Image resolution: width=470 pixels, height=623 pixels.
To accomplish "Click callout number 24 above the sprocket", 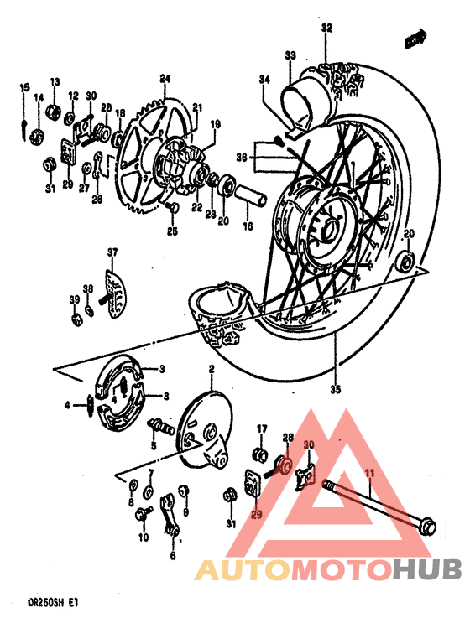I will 164,79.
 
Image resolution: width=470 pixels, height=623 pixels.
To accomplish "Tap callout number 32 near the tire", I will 326,28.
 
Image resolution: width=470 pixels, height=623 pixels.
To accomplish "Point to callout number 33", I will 290,55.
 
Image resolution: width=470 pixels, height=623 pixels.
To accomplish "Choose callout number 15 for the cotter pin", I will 24,87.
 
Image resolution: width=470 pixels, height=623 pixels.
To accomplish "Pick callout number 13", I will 55,82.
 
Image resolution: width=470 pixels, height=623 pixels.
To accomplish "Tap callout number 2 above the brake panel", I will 212,369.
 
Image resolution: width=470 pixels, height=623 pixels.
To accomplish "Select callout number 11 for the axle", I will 368,475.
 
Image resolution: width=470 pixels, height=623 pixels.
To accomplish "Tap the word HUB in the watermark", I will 426,571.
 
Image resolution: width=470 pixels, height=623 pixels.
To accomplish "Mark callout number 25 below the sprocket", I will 172,231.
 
